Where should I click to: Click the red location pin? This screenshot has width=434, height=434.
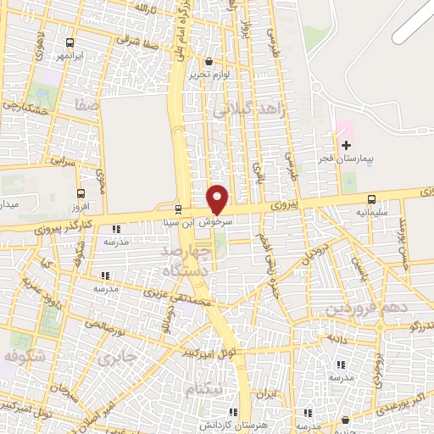(218, 198)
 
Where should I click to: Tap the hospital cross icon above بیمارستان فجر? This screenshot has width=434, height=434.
(345, 145)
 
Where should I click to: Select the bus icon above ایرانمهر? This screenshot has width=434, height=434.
(69, 42)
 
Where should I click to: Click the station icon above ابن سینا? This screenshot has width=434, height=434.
(178, 209)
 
